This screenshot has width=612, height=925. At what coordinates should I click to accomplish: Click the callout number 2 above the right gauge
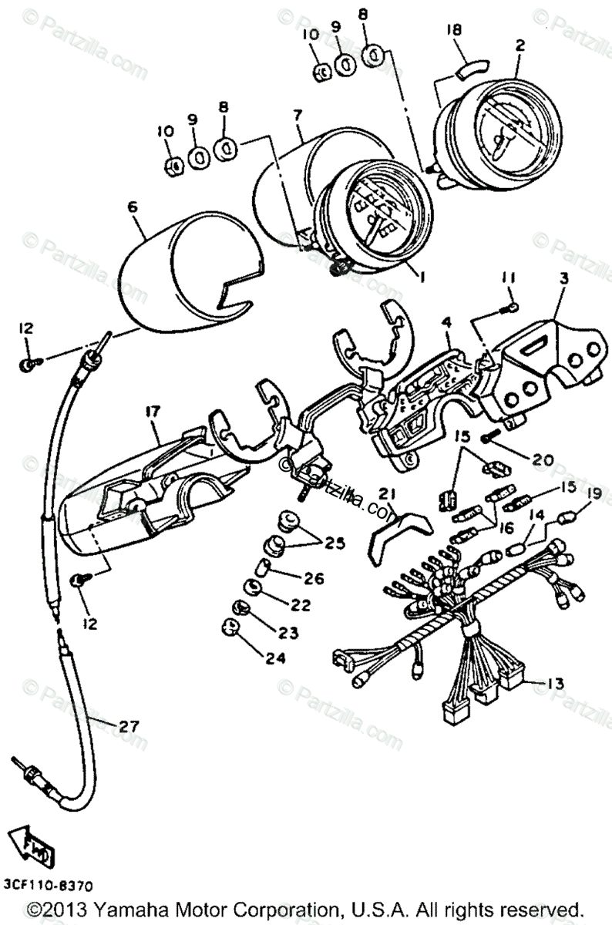(x=520, y=45)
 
